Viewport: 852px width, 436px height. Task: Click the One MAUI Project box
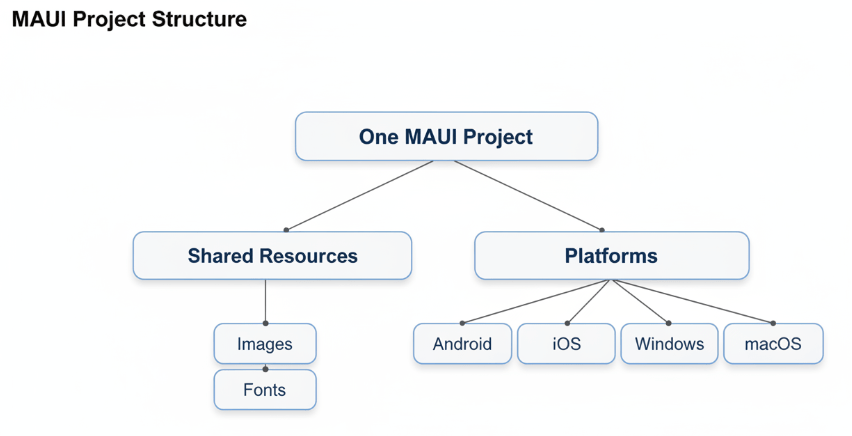446,136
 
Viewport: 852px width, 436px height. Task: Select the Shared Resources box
272,256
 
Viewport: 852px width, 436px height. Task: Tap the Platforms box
611,256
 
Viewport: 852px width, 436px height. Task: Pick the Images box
265,344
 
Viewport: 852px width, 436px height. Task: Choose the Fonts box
265,390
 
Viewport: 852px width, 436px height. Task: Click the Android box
462,344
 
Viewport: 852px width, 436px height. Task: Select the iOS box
566,344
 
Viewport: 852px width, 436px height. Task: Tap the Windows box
669,344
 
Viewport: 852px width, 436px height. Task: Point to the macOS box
773,344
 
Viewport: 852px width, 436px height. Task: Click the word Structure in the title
196,20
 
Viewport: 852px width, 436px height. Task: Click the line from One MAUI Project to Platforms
520,195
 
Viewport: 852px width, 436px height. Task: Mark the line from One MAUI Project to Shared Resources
360,195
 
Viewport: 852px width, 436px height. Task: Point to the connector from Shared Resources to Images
265,300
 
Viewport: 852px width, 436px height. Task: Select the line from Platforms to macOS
693,301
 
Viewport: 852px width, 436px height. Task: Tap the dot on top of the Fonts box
265,369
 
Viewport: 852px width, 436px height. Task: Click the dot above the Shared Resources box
286,230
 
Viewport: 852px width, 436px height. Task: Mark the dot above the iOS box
567,323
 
